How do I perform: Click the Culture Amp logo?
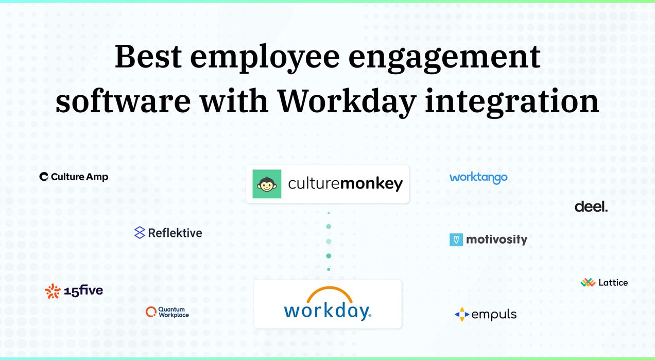click(74, 177)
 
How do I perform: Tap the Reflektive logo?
click(168, 233)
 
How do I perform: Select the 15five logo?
click(74, 291)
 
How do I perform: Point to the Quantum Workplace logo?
click(167, 312)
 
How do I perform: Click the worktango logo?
click(478, 178)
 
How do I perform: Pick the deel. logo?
click(591, 207)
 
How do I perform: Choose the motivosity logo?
click(488, 239)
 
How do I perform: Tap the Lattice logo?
click(604, 282)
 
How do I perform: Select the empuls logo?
click(486, 314)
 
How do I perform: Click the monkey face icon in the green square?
click(267, 184)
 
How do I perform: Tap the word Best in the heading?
click(148, 57)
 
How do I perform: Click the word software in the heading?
click(123, 101)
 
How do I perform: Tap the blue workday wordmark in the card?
click(327, 311)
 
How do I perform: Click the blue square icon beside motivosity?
click(456, 239)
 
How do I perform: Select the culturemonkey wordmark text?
click(345, 184)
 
